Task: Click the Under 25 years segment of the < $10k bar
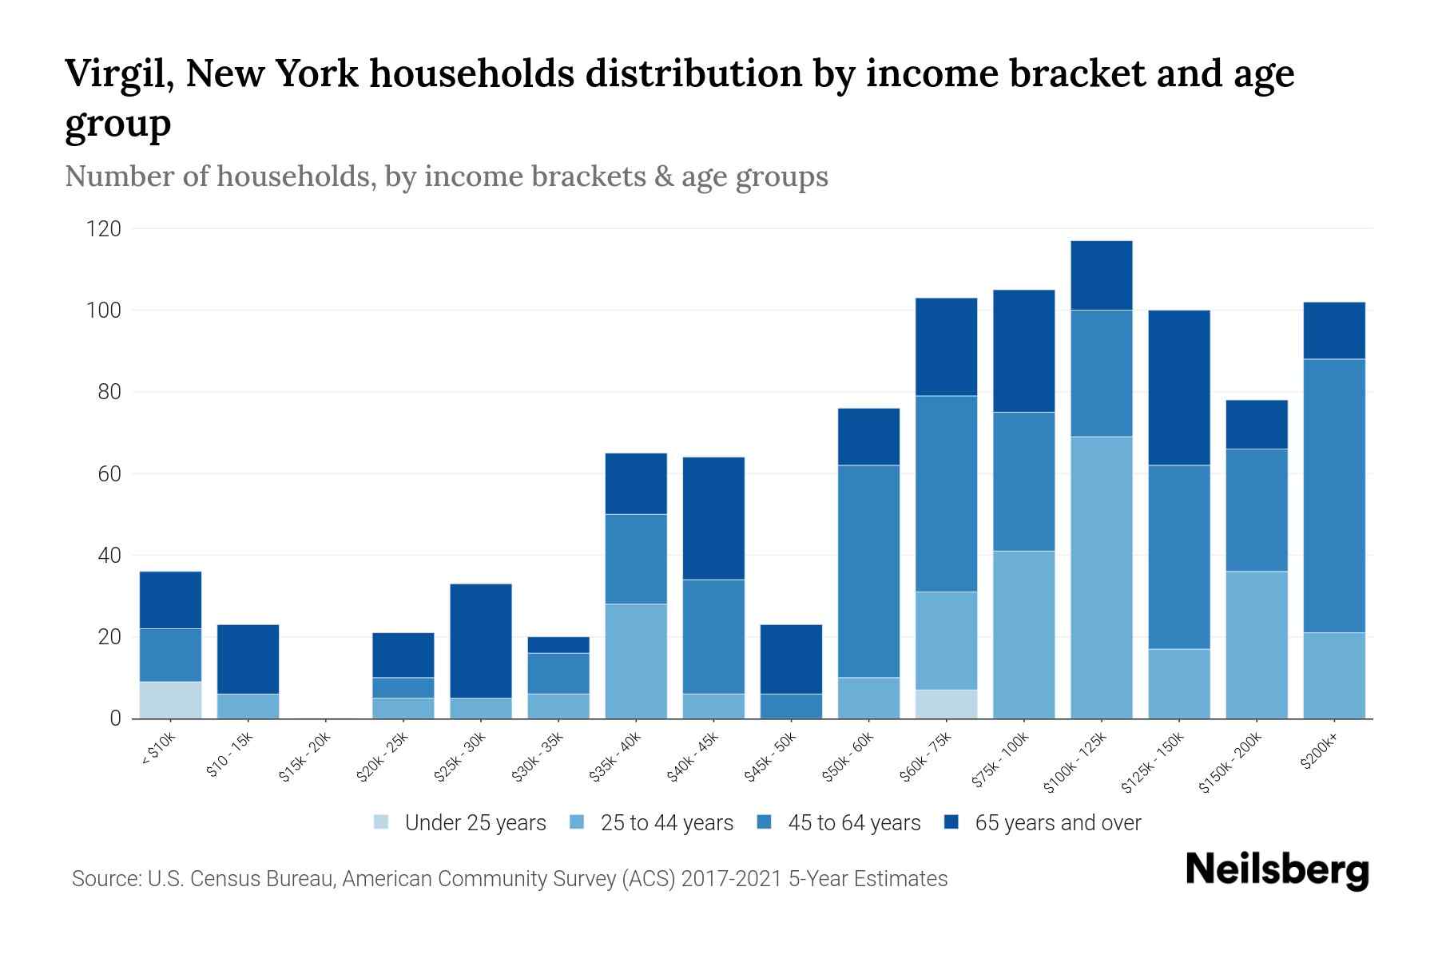(x=170, y=700)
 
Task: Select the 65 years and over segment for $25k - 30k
(x=481, y=641)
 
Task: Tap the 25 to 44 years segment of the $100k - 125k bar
(x=1102, y=577)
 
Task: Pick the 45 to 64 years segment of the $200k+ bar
(x=1334, y=496)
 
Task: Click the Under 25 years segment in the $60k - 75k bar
(x=946, y=704)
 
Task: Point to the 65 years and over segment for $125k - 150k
(x=1179, y=388)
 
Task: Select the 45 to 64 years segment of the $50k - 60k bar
(x=868, y=572)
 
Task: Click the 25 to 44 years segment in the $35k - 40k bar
(x=636, y=661)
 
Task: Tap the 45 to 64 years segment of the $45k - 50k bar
(x=791, y=706)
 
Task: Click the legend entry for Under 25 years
(x=475, y=823)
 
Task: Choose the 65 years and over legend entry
(x=1058, y=823)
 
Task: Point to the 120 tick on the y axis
(x=104, y=229)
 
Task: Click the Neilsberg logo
(x=1277, y=870)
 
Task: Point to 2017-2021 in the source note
(x=731, y=879)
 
